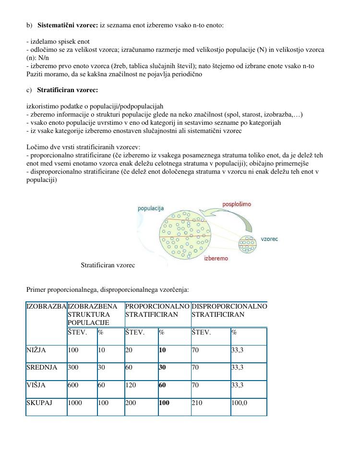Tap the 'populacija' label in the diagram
[151, 208]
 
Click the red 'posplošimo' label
[236, 204]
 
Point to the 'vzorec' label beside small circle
[269, 239]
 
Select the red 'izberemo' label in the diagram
[216, 259]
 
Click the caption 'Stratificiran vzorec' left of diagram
[108, 265]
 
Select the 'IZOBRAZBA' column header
[46, 306]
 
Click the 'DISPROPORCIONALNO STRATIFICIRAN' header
[229, 311]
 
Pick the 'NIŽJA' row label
[36, 350]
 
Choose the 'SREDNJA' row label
[42, 368]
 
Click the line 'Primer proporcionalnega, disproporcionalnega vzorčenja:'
[108, 290]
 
